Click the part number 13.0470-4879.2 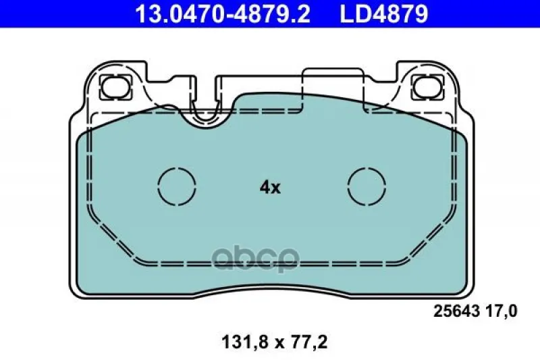point(223,14)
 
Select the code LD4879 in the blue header point(384,14)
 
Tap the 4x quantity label point(270,188)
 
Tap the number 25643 point(456,311)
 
